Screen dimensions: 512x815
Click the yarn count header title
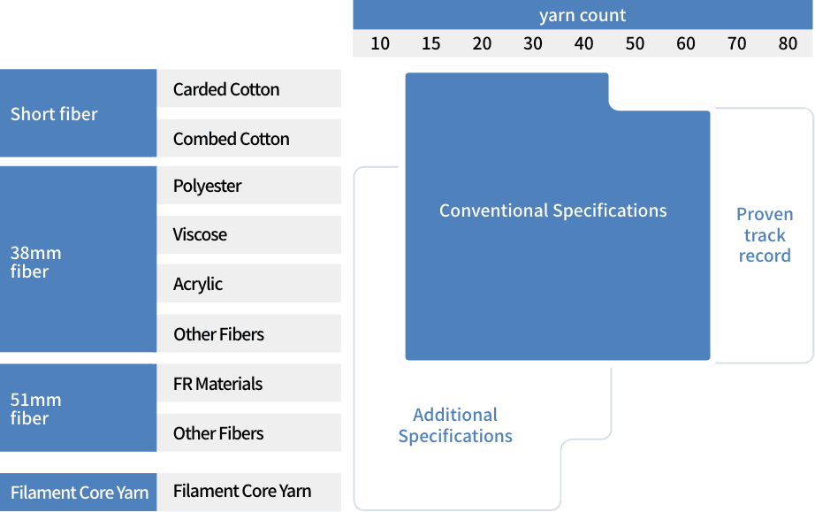[x=583, y=16]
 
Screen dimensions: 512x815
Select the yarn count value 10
[x=380, y=44]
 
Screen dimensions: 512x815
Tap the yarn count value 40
[x=583, y=44]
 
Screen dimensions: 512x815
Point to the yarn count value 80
[x=788, y=44]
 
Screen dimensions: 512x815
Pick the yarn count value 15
[x=431, y=44]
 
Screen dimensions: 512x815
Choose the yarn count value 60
[x=686, y=44]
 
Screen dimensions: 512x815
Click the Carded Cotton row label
[x=226, y=89]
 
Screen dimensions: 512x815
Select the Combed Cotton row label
[x=232, y=139]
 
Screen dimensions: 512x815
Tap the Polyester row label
[x=208, y=186]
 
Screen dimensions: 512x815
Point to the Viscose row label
[x=201, y=234]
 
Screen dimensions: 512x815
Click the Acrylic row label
[x=198, y=284]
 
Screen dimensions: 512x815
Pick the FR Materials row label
[x=218, y=384]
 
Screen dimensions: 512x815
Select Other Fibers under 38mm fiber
[x=219, y=334]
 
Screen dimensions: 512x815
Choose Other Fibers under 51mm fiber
[x=219, y=433]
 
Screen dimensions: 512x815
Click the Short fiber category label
[x=54, y=114]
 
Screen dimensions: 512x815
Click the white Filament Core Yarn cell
[x=242, y=491]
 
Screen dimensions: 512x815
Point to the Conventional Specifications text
[x=553, y=210]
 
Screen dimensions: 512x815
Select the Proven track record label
[x=765, y=235]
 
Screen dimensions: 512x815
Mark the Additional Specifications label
[x=455, y=425]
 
